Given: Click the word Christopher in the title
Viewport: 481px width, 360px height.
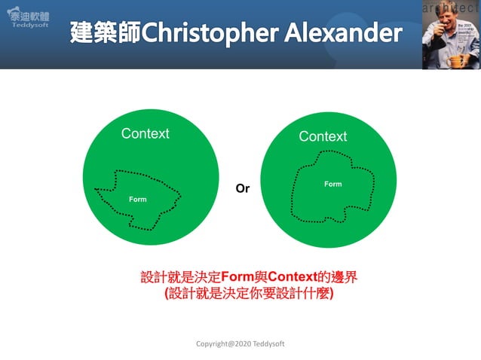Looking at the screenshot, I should (x=215, y=33).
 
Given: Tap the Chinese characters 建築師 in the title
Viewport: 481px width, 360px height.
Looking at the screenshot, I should (x=105, y=33).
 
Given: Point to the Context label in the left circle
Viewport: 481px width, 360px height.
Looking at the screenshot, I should (x=146, y=133).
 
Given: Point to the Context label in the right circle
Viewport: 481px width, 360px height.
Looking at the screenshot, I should (x=323, y=136).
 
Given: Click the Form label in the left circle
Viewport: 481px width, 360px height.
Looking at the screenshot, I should (x=137, y=200).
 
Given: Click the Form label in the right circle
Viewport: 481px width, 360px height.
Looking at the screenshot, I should (x=332, y=184).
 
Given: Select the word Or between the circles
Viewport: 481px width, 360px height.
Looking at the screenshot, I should (x=242, y=189).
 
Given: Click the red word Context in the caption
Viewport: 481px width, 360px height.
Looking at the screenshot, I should (x=295, y=277).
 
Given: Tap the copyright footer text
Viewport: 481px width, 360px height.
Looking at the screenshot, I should (x=240, y=343).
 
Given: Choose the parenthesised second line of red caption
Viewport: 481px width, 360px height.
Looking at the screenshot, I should (x=249, y=294).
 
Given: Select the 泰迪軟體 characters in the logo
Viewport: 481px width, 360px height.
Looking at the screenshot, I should (x=28, y=13).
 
